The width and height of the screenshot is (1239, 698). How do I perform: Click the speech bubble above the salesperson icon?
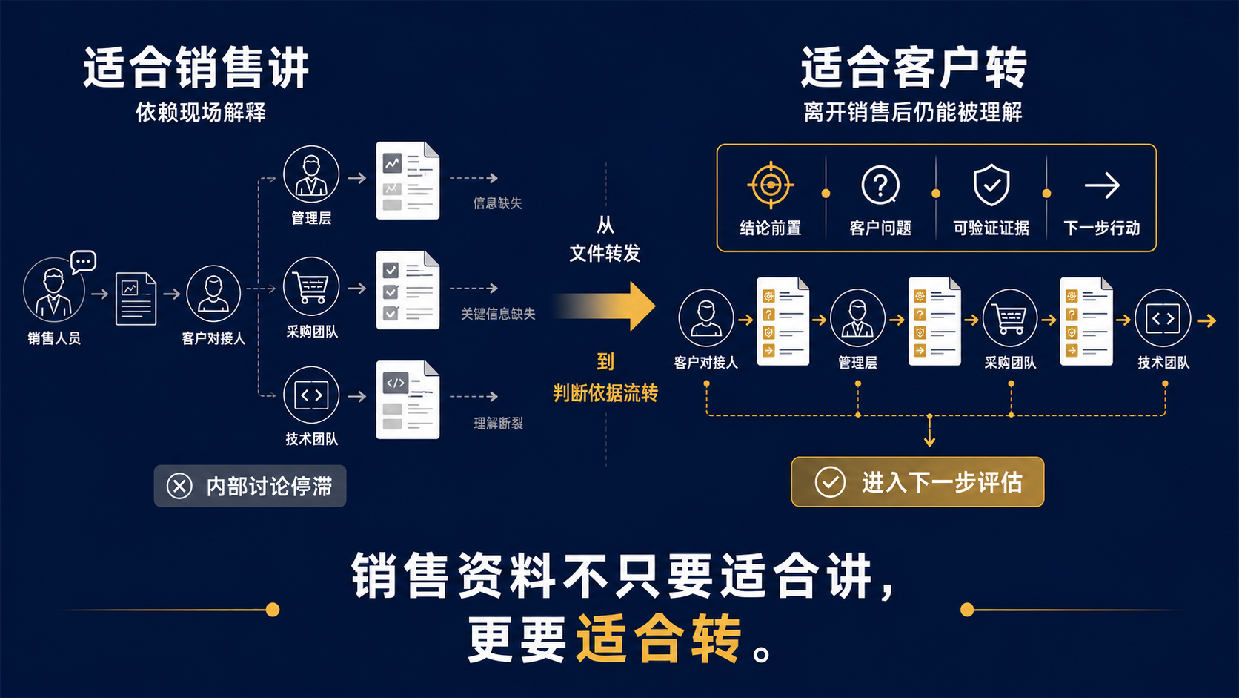click(84, 262)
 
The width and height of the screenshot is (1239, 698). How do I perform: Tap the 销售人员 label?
click(54, 338)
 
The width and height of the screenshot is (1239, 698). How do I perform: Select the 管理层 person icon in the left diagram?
click(310, 174)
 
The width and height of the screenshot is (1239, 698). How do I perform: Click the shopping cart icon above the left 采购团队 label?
click(310, 286)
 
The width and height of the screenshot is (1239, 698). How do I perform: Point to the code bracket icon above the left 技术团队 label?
click(310, 395)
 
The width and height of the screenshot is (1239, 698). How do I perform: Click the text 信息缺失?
click(497, 203)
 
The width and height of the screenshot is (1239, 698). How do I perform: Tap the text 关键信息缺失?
click(498, 314)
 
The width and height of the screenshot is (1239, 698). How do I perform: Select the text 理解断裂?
click(498, 424)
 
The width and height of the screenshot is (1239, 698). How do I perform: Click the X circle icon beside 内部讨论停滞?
click(179, 486)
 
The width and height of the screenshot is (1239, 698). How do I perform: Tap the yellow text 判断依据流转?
click(605, 393)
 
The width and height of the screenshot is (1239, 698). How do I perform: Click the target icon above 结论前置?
click(770, 185)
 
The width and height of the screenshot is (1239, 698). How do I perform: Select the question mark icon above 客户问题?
click(880, 185)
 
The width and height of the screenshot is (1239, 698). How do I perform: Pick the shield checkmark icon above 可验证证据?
click(991, 185)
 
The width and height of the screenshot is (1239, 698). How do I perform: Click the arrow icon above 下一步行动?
click(1102, 185)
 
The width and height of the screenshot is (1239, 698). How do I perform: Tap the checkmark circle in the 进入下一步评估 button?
click(830, 481)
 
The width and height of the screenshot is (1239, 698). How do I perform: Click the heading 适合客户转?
click(913, 68)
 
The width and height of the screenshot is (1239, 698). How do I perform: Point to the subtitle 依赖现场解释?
click(201, 112)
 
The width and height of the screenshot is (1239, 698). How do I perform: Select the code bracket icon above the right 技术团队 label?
click(1162, 318)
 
